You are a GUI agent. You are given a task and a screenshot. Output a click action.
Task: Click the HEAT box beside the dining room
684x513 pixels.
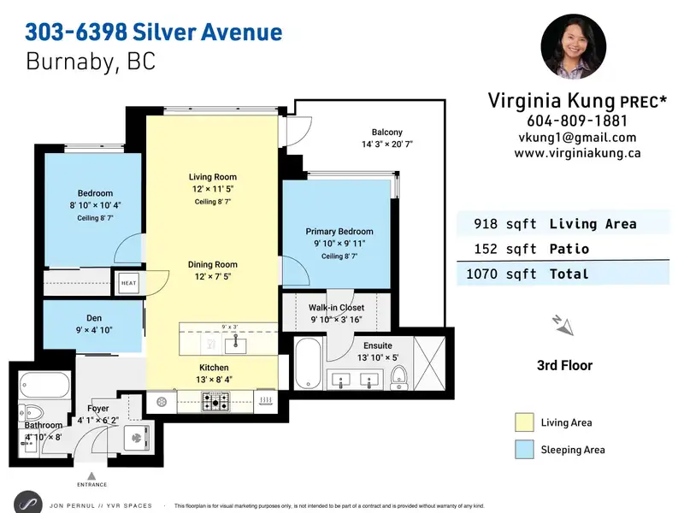(x=129, y=283)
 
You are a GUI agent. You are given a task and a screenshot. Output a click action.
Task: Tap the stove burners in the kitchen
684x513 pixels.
(x=215, y=402)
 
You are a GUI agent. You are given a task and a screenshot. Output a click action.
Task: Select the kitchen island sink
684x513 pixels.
(x=235, y=345)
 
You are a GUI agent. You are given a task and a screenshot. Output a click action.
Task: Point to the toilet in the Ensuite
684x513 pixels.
(x=399, y=378)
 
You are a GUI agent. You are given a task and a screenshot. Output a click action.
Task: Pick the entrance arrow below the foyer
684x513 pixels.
(x=91, y=476)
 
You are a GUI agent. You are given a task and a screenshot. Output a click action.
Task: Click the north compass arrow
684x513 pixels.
(x=563, y=326)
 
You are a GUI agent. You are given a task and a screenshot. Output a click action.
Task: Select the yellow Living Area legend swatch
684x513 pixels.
(x=524, y=422)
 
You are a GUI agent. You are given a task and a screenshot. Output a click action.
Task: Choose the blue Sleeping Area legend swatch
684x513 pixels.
(x=524, y=450)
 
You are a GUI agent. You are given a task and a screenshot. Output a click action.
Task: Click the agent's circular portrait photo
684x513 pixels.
(x=573, y=46)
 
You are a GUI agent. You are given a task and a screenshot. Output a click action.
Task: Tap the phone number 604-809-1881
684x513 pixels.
(x=576, y=121)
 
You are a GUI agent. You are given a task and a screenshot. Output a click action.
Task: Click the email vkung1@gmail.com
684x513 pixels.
(x=577, y=138)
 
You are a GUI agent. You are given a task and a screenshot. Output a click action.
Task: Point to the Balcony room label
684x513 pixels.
(x=387, y=133)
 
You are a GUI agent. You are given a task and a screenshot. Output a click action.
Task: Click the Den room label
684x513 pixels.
(x=94, y=318)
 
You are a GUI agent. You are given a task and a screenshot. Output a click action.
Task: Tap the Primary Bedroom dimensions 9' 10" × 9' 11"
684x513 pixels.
(x=339, y=244)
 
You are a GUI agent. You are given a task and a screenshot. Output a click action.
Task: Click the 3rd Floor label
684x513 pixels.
(x=564, y=365)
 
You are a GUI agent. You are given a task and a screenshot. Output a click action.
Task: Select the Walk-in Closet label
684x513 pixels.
(x=336, y=308)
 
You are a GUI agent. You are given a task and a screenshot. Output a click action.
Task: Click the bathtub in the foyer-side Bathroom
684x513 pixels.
(x=44, y=384)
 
